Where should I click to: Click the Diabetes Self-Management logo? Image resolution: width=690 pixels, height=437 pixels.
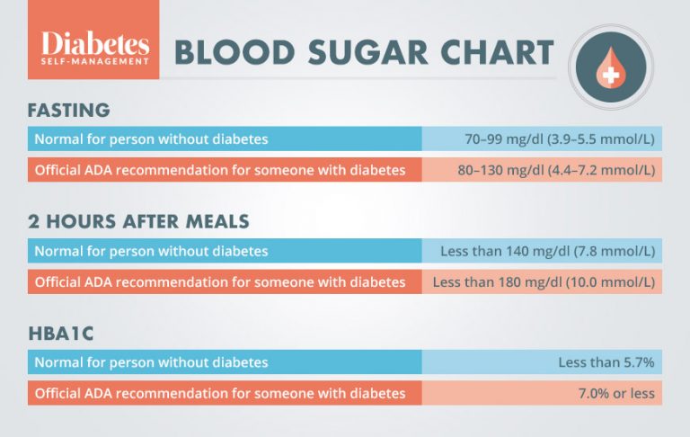(x=93, y=40)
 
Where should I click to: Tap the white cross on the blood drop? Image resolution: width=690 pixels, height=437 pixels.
(x=610, y=75)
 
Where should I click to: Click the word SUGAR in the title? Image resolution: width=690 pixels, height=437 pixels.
(x=367, y=52)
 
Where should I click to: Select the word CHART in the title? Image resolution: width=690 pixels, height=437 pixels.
(x=497, y=52)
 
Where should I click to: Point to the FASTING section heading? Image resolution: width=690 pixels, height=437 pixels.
(x=68, y=110)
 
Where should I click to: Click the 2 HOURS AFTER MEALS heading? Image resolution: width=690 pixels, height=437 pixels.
(x=138, y=221)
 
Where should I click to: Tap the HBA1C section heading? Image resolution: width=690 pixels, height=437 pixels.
(x=61, y=334)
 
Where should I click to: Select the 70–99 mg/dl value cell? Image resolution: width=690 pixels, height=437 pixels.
(x=542, y=138)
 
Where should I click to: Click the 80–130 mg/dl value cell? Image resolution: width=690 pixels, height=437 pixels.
(x=542, y=170)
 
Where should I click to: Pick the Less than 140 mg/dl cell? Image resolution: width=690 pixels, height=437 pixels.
(x=542, y=251)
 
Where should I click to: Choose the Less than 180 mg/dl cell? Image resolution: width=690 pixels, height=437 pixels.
(x=542, y=281)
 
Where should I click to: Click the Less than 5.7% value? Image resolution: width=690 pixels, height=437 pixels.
(x=606, y=362)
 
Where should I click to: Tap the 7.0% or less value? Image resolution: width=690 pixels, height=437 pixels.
(x=616, y=393)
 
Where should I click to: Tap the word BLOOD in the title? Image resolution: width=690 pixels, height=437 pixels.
(x=234, y=52)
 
